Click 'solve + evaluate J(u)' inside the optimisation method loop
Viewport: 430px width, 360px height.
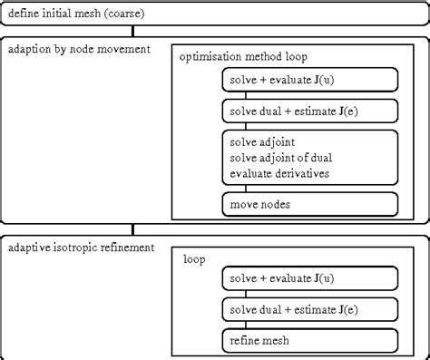point(308,81)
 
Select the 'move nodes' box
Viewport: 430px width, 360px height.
point(308,204)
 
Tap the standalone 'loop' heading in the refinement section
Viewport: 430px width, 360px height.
point(195,259)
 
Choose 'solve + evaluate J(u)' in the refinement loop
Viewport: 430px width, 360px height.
point(308,278)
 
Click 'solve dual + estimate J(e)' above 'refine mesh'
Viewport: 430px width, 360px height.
point(308,310)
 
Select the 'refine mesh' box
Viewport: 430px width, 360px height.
point(308,341)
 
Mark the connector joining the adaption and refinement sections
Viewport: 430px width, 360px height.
point(133,230)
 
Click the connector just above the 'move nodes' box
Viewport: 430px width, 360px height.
point(308,188)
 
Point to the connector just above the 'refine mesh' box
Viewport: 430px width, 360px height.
point(308,326)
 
